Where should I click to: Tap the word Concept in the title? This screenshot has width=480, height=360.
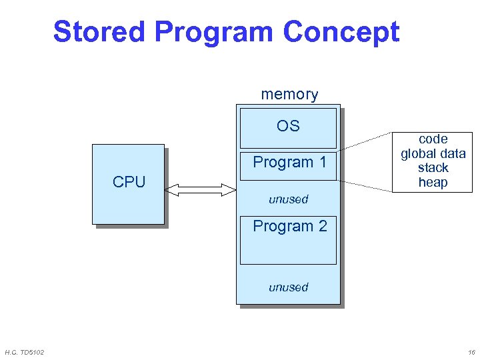click(341, 32)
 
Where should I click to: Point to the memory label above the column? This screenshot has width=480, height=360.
click(289, 95)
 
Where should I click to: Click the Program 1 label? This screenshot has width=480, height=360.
click(289, 162)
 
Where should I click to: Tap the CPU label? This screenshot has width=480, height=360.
click(129, 182)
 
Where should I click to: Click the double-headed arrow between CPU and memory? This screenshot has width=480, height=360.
click(201, 191)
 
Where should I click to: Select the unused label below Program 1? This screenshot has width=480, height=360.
click(288, 199)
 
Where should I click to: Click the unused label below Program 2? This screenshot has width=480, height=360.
click(288, 287)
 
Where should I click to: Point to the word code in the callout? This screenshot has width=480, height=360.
click(433, 139)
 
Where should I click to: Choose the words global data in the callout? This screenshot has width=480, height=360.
click(433, 154)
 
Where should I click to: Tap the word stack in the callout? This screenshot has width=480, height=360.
click(433, 168)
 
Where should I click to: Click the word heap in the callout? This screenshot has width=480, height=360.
click(433, 183)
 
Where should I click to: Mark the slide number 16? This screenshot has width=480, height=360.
click(471, 352)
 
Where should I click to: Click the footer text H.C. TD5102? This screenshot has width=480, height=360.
click(25, 352)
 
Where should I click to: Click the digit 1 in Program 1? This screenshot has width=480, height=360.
click(323, 162)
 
